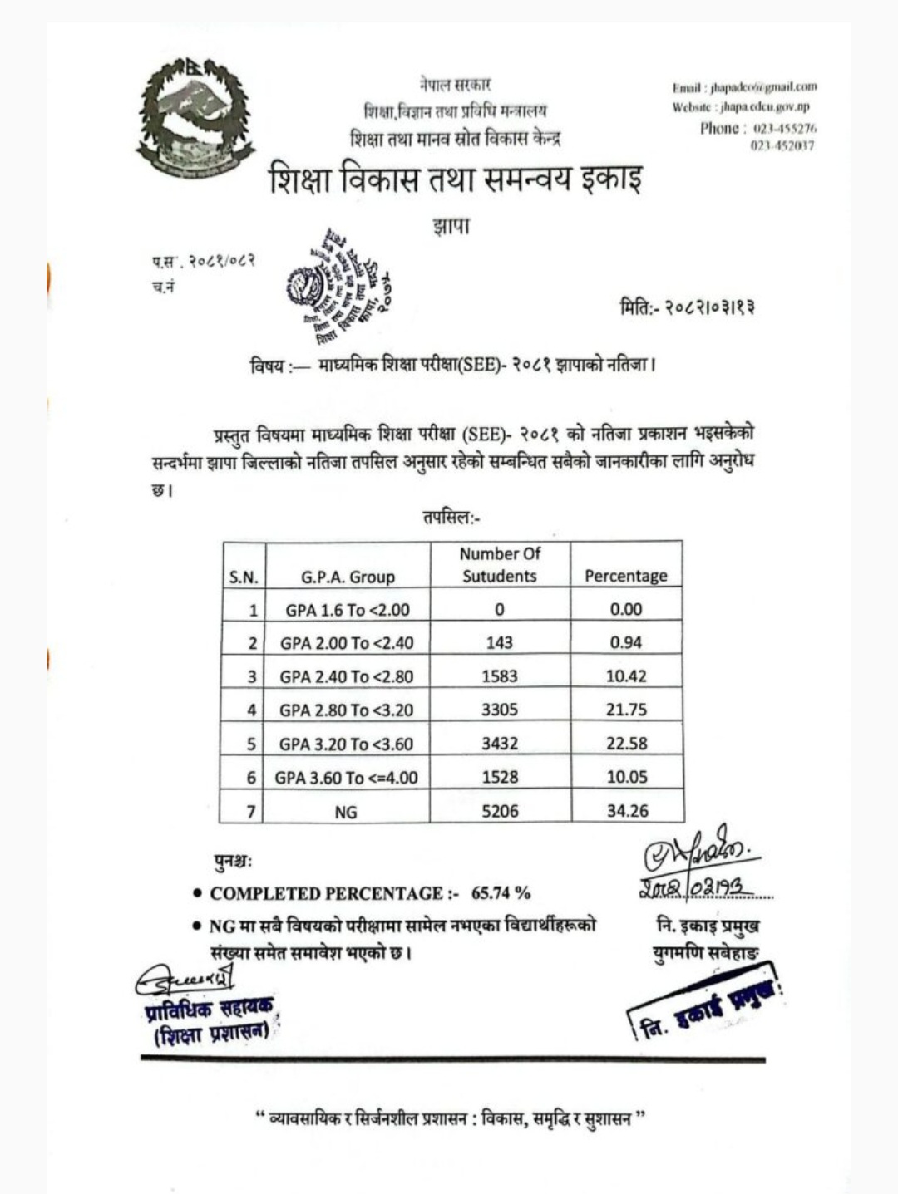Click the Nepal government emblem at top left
pos(195,118)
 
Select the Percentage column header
pos(625,576)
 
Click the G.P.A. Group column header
pos(348,577)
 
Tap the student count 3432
pos(500,744)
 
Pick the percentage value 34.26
pos(627,811)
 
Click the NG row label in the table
pos(346,812)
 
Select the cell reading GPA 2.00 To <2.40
pos(347,643)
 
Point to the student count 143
pos(500,643)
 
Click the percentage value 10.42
pos(626,676)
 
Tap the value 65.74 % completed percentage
pos(501,893)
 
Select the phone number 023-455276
pos(785,129)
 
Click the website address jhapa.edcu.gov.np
pos(765,106)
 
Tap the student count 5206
pos(500,811)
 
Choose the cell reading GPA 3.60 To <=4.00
pos(347,778)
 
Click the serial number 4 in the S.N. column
pos(252,710)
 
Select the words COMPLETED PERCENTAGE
pos(327,894)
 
